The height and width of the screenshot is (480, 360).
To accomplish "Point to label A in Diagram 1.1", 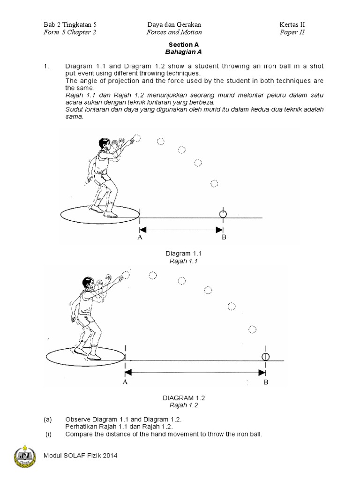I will pyautogui.click(x=140, y=237).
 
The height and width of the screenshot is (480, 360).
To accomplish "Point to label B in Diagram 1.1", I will pyautogui.click(x=224, y=237).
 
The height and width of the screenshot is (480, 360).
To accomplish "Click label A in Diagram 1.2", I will pyautogui.click(x=125, y=382).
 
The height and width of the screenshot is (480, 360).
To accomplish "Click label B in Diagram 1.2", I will pyautogui.click(x=266, y=382).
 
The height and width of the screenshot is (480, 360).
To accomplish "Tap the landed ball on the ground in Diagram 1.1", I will pyautogui.click(x=223, y=214).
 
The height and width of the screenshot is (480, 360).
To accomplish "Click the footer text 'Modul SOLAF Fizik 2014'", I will pyautogui.click(x=79, y=455).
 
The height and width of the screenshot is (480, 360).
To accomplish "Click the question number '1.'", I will pyautogui.click(x=45, y=67).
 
